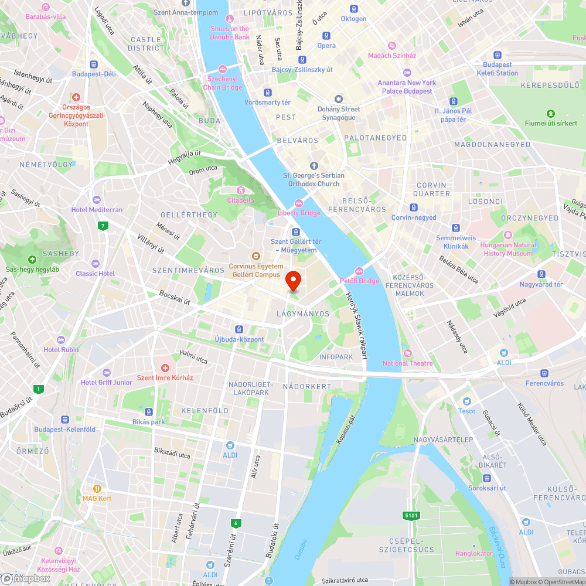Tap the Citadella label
(240, 200)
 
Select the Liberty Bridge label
(299, 213)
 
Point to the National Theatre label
(407, 363)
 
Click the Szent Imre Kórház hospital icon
(165, 369)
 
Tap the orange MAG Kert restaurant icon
(97, 488)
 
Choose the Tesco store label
(467, 410)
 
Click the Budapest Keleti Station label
(497, 69)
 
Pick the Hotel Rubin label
(61, 350)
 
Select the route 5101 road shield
(412, 516)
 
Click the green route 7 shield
(103, 226)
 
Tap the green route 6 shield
(236, 523)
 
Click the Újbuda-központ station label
(239, 339)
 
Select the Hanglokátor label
(473, 553)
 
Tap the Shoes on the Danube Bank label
(230, 33)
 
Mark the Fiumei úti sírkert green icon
(550, 114)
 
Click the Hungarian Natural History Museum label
(508, 249)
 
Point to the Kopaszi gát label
(345, 430)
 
